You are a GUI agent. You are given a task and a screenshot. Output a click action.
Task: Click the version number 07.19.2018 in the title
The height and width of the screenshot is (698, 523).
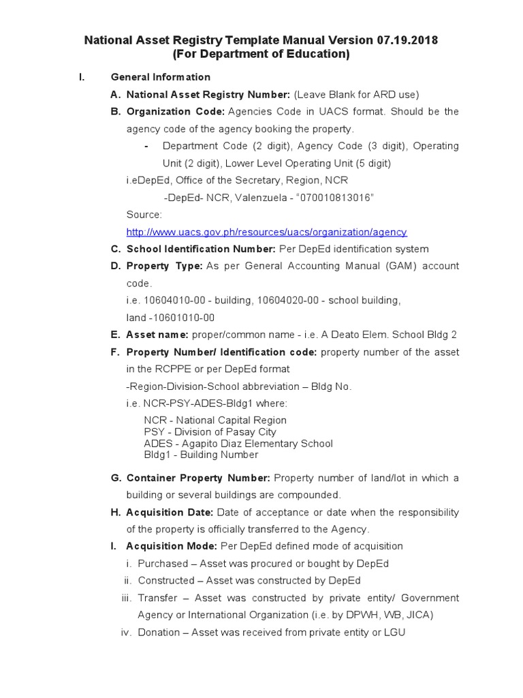click(405, 41)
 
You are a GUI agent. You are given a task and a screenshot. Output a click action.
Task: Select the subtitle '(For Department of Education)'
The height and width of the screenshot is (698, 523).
click(261, 55)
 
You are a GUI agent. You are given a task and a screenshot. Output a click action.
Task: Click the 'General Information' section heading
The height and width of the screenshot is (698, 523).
click(160, 77)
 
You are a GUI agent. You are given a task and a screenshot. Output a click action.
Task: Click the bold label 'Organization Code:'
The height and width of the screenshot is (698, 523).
click(176, 112)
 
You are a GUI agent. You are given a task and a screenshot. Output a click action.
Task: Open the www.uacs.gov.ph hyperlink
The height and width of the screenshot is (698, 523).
click(266, 232)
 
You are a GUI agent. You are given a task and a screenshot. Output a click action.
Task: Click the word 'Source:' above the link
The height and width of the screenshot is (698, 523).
click(144, 215)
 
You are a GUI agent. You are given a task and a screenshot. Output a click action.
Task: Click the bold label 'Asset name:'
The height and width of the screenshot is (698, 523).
click(157, 335)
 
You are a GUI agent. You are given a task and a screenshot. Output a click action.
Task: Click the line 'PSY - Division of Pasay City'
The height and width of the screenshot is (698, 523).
click(210, 431)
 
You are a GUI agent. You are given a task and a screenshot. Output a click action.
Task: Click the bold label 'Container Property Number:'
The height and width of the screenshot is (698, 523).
click(198, 478)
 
